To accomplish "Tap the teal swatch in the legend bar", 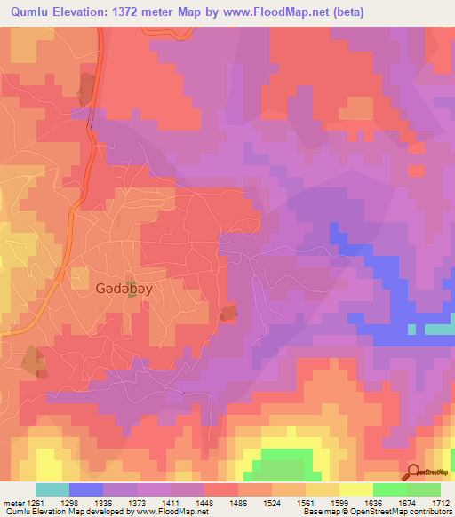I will click(x=52, y=490).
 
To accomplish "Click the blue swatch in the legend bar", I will click(x=86, y=490).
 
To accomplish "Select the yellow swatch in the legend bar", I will click(x=355, y=490).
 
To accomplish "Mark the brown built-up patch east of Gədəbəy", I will click(x=229, y=313).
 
